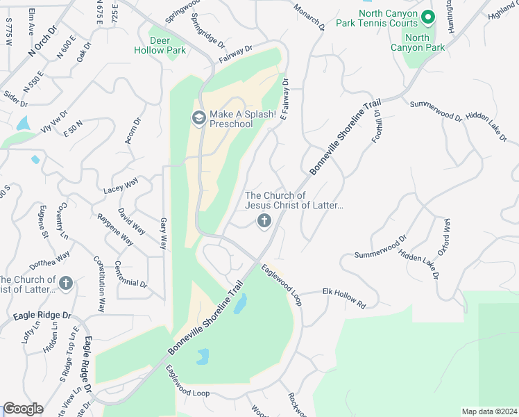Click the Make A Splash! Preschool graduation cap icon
pyautogui.click(x=198, y=118)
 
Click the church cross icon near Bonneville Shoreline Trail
pyautogui.click(x=264, y=221)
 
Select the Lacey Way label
pyautogui.click(x=121, y=186)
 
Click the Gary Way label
pyautogui.click(x=164, y=234)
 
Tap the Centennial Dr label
pyautogui.click(x=130, y=275)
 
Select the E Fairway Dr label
pyautogui.click(x=284, y=104)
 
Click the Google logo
pyautogui.click(x=23, y=409)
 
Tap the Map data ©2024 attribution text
pyautogui.click(x=488, y=411)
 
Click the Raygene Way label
pyautogui.click(x=115, y=229)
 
